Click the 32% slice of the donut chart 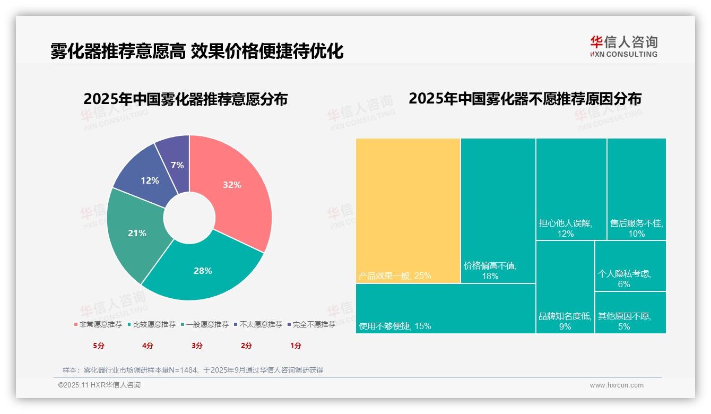pos(232,185)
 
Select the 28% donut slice pos(203,271)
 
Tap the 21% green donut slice pos(137,233)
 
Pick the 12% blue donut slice pos(150,180)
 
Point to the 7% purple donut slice pos(177,165)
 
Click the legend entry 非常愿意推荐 pos(98,324)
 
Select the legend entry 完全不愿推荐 pos(311,324)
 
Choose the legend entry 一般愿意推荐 pos(205,324)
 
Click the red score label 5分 pos(99,346)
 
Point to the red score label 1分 pos(296,346)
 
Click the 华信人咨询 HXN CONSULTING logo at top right pos(623,46)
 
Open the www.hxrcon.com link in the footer pos(617,385)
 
